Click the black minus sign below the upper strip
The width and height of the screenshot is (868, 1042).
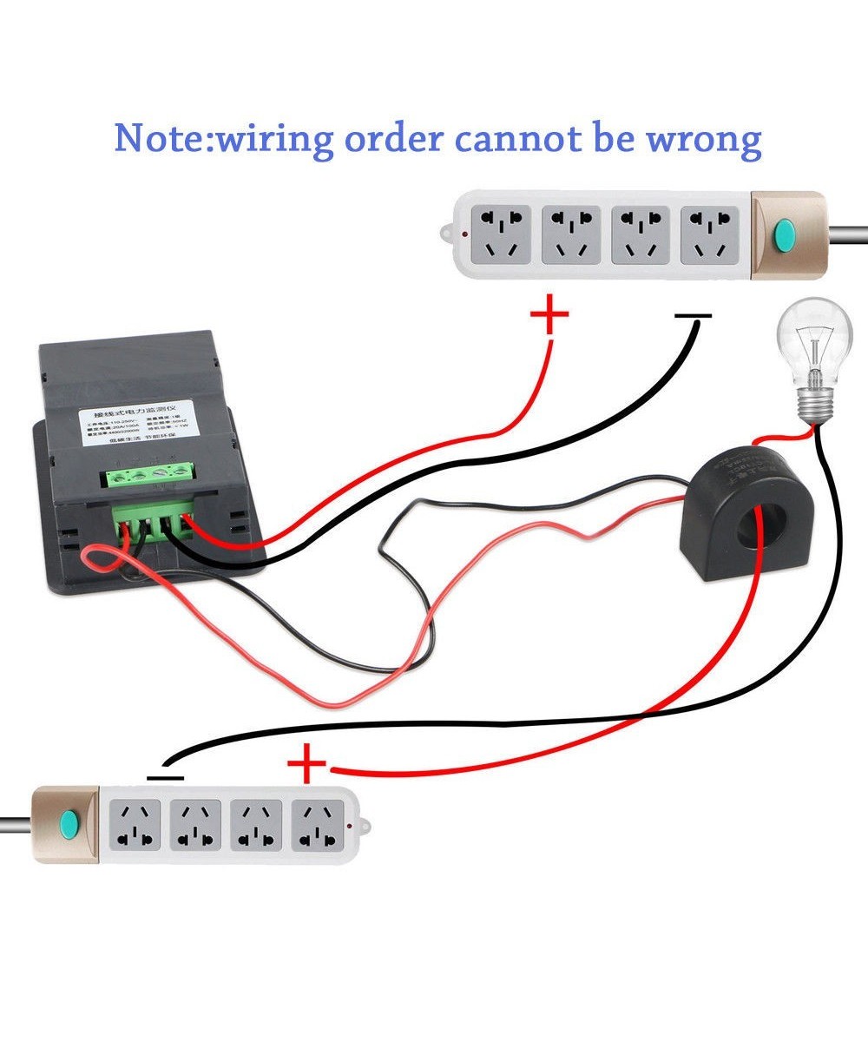coord(693,317)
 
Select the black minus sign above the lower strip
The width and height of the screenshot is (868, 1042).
coord(166,777)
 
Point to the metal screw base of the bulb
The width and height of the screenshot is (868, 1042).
coord(816,401)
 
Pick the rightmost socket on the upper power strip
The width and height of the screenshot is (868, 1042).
coord(710,234)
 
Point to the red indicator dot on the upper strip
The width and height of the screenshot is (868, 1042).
coord(466,234)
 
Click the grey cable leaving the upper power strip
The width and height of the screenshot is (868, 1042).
coord(846,234)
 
